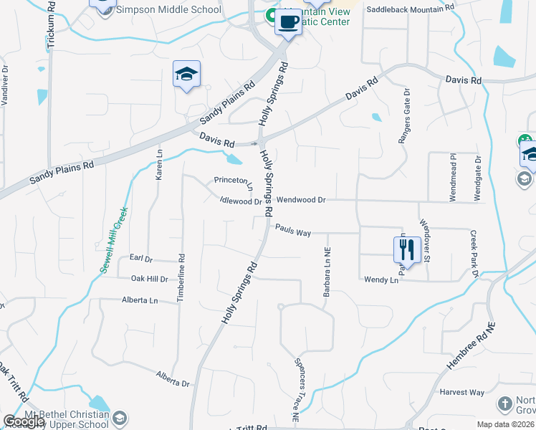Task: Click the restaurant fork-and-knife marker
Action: (406, 250)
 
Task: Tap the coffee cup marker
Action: (288, 21)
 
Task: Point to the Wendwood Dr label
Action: (301, 201)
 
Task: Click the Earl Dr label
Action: (141, 257)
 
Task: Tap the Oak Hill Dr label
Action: (149, 278)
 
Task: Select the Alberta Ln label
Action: (140, 300)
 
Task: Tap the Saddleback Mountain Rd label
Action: (411, 8)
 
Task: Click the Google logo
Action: (23, 421)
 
